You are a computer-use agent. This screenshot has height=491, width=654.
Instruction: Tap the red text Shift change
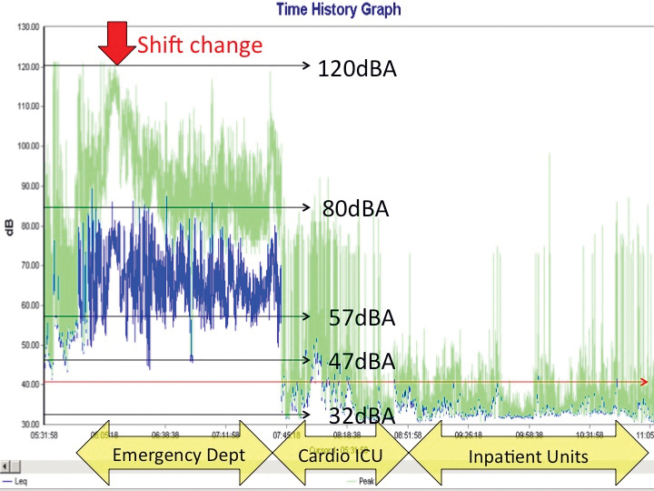pyautogui.click(x=200, y=45)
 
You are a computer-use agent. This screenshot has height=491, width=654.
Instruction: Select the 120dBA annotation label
pyautogui.click(x=357, y=67)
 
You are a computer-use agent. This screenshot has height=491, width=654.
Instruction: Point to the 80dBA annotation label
pyautogui.click(x=355, y=208)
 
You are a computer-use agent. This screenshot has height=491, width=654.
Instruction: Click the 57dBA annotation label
pyautogui.click(x=362, y=317)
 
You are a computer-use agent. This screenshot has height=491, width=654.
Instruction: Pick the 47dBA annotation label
pyautogui.click(x=362, y=361)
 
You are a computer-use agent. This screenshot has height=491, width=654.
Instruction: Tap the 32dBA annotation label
pyautogui.click(x=362, y=416)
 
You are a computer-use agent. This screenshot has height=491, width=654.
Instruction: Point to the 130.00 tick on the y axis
pyautogui.click(x=27, y=27)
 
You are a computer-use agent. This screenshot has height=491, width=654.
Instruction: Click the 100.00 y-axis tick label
pyautogui.click(x=27, y=146)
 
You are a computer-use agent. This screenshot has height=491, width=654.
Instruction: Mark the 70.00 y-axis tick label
pyautogui.click(x=27, y=266)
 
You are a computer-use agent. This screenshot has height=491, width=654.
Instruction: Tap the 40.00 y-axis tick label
pyautogui.click(x=27, y=385)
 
